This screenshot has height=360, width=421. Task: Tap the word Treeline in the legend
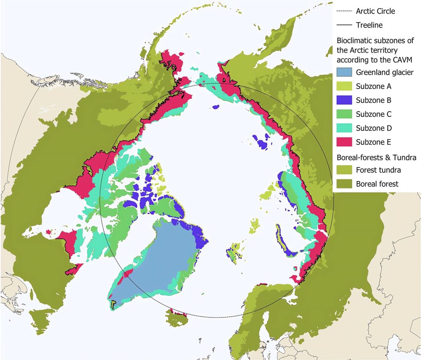click(369, 25)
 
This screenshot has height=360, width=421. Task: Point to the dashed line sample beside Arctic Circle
click(344, 11)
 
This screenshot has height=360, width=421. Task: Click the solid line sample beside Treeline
click(344, 25)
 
